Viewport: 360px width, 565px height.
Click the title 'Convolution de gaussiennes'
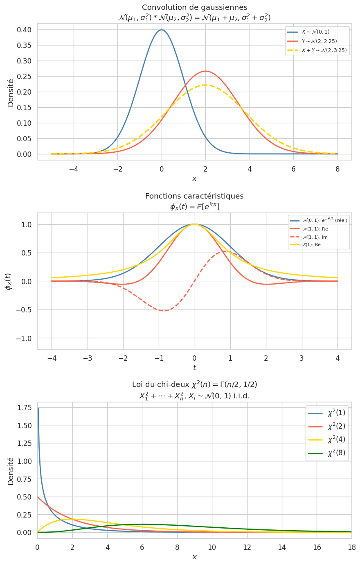click(x=194, y=7)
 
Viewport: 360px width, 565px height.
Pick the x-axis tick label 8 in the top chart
click(x=337, y=169)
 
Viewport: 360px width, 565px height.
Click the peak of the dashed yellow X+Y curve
click(x=205, y=85)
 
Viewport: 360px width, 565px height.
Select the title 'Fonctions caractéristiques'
click(x=194, y=196)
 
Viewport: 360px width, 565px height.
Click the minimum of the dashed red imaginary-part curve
click(x=164, y=311)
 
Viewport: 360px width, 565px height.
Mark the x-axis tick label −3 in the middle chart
click(x=87, y=358)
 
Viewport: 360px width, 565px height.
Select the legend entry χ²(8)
click(x=336, y=453)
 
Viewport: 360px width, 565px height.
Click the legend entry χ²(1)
click(x=336, y=413)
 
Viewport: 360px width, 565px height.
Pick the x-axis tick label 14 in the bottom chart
click(x=282, y=547)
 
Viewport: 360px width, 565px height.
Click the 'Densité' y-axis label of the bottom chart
click(x=11, y=471)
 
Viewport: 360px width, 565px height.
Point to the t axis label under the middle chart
click(x=194, y=368)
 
